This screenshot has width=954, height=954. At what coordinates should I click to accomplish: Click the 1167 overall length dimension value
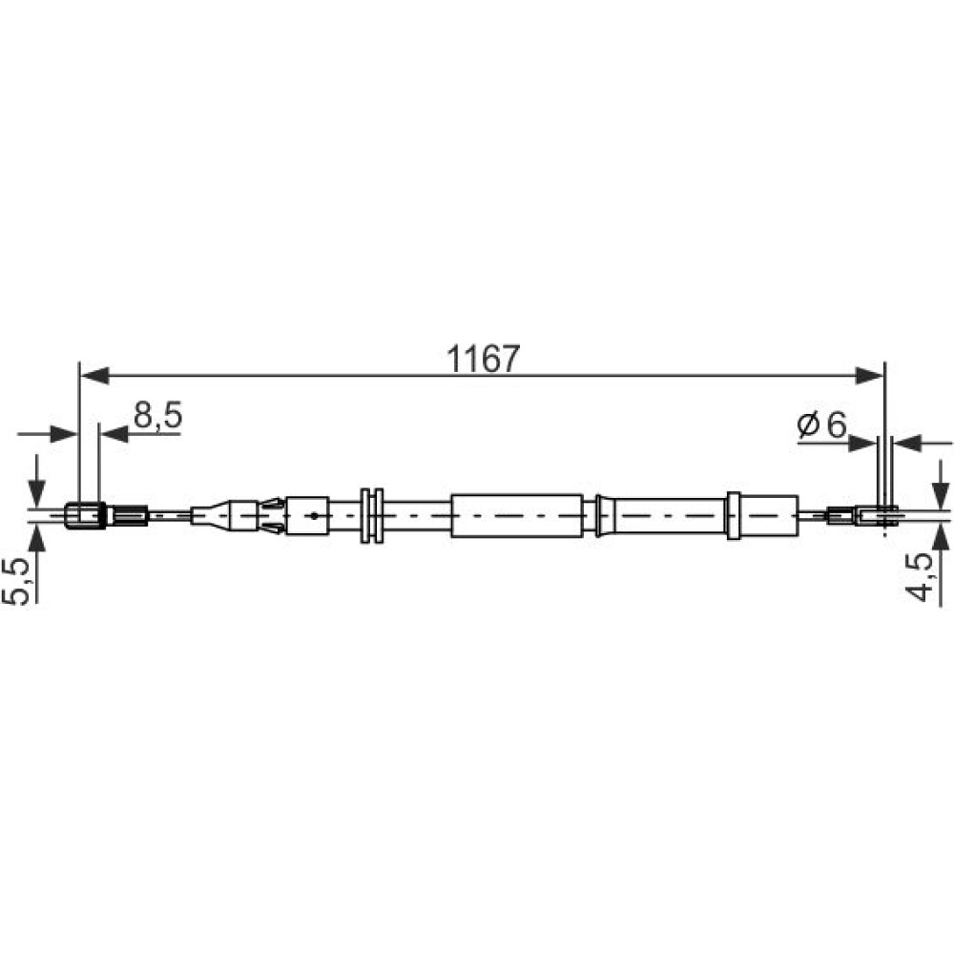484,359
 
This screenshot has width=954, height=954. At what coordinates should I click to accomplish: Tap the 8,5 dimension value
157,416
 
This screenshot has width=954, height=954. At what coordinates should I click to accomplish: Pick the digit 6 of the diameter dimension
837,425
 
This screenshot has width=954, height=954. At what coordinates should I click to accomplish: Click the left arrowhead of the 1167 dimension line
94,375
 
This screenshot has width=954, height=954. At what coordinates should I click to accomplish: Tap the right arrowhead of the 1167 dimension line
869,375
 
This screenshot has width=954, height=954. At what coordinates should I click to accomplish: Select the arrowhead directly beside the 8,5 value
114,434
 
